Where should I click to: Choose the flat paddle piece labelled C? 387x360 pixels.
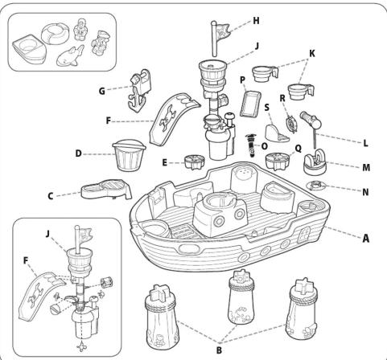click(x=106, y=189)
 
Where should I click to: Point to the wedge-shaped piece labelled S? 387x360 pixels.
click(x=275, y=128)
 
